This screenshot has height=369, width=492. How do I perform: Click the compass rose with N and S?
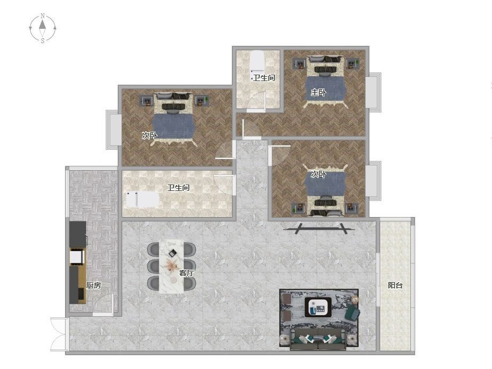[42, 28]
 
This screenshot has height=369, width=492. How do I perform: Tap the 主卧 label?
[318, 92]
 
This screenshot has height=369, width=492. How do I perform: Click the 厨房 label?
[93, 285]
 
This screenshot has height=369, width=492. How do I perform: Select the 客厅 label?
[187, 273]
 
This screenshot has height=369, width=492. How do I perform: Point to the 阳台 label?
[395, 285]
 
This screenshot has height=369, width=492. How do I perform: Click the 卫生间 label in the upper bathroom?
[264, 78]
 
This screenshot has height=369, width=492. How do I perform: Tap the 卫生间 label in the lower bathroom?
[178, 188]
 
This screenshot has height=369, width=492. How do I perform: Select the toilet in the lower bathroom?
[142, 199]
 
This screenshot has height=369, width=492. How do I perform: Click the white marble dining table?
[171, 267]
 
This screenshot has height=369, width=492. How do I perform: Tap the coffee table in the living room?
[318, 307]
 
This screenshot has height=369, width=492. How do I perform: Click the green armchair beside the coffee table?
[352, 312]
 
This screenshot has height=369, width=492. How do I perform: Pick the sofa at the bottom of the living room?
[318, 340]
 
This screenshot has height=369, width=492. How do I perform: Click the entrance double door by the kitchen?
[60, 334]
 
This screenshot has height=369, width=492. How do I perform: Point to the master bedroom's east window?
[373, 92]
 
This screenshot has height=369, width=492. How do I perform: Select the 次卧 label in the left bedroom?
[149, 135]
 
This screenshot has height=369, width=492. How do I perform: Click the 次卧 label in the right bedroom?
[318, 174]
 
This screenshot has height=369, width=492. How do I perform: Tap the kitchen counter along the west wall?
[77, 263]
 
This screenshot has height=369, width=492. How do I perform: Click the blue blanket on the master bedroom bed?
[326, 89]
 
